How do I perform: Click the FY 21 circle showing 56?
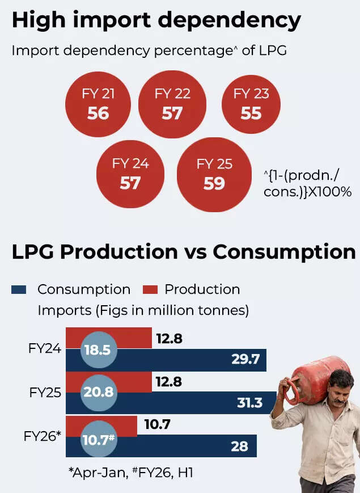tap(98, 104)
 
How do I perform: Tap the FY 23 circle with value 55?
tap(251, 104)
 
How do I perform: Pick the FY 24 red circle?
tap(130, 175)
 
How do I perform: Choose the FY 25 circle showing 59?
tap(214, 175)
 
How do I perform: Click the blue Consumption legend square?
tap(19, 290)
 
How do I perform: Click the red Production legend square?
tap(150, 290)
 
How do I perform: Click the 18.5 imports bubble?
tap(100, 351)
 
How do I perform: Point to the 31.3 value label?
tap(249, 403)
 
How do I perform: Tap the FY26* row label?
tap(43, 436)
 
